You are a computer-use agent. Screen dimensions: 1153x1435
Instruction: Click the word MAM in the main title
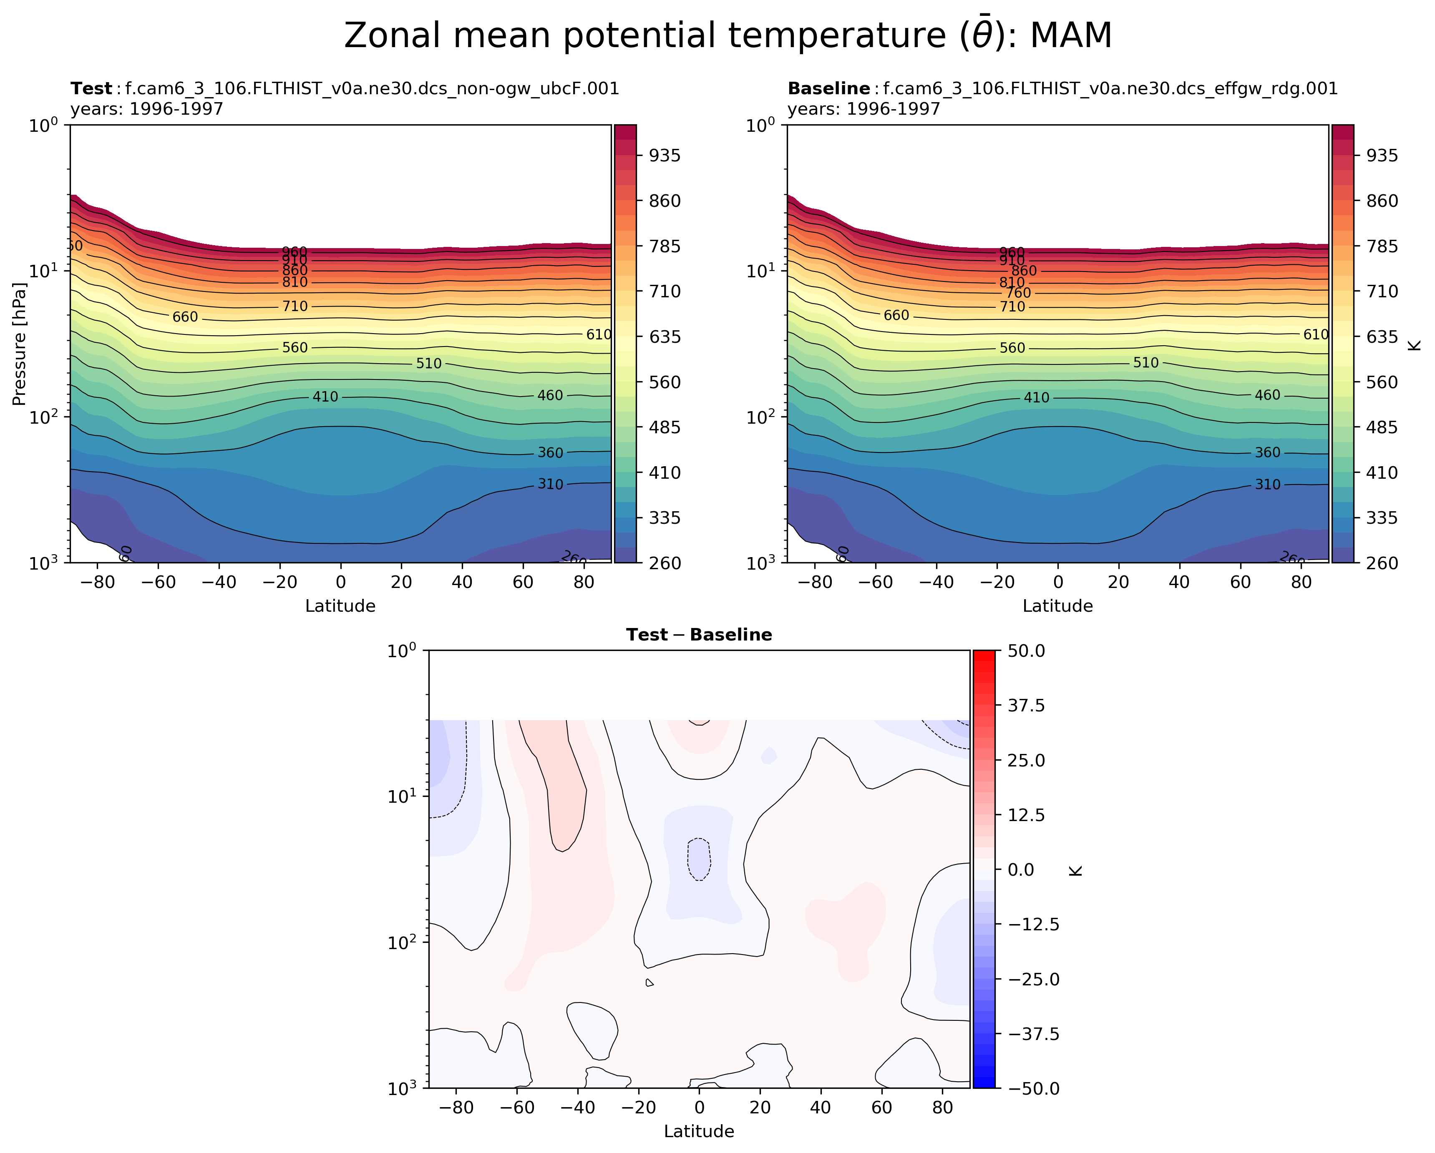[x=1070, y=36]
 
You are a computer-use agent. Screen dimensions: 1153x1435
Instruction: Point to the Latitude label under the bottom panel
[x=699, y=1131]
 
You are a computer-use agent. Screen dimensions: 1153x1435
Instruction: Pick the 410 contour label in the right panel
[x=1036, y=398]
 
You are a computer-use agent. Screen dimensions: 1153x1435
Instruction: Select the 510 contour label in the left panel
[x=429, y=364]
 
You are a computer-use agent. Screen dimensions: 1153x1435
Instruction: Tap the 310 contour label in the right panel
[x=1267, y=485]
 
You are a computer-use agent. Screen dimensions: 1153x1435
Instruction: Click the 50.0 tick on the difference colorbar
[x=1026, y=651]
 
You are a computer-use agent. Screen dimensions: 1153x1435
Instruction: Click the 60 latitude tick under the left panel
[x=523, y=582]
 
